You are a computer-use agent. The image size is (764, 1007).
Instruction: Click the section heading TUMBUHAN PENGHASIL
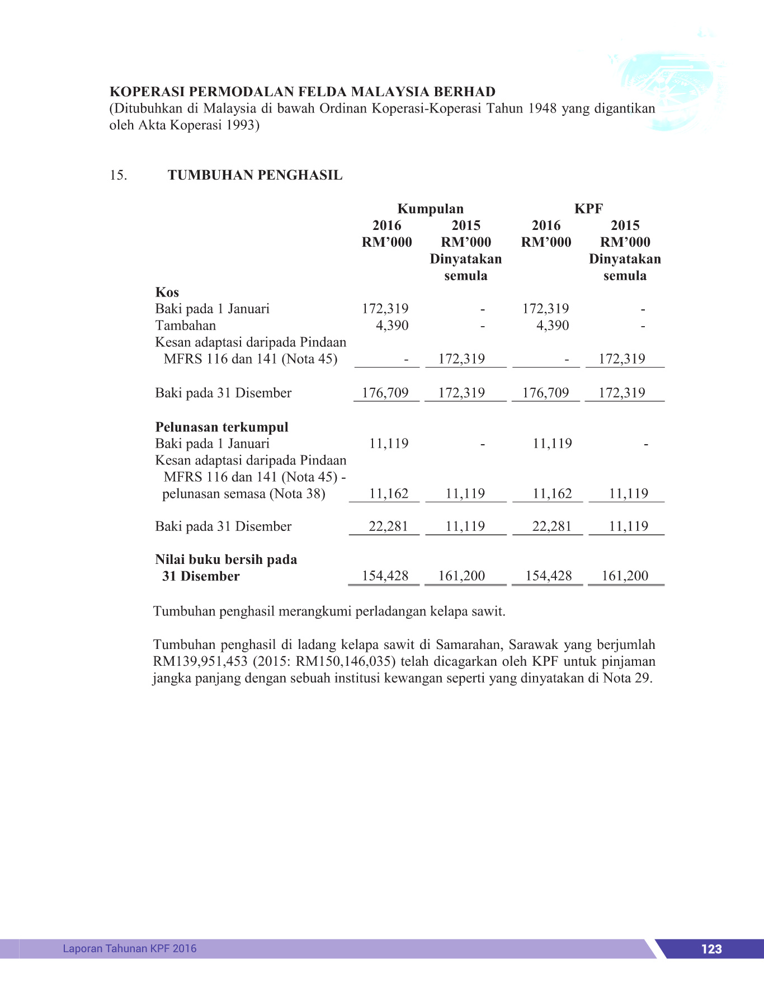coord(255,175)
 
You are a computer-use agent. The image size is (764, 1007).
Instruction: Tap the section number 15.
coord(118,176)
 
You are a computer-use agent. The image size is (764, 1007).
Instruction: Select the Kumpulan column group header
coord(430,209)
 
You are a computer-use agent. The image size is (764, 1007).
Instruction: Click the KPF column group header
coord(588,209)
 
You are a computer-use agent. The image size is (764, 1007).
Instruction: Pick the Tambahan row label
coord(185,326)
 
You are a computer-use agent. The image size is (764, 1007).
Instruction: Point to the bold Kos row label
coord(167,292)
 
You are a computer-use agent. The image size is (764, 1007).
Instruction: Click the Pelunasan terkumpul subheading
coord(221,427)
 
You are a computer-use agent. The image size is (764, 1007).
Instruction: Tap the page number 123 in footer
coord(711,949)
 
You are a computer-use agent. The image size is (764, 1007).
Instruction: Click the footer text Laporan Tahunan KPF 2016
coord(130,948)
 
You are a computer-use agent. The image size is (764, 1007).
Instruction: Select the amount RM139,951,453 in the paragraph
coord(200,661)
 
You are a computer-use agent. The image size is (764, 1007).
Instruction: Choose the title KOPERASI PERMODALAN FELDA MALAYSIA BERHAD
coord(302,92)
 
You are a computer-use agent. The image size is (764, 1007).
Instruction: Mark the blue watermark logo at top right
coord(668,90)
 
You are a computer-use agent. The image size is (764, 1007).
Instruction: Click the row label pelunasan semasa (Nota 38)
coord(243,494)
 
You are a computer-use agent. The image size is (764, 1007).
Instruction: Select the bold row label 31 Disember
coord(201,576)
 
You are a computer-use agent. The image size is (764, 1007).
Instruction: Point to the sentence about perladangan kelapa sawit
coord(329,611)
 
